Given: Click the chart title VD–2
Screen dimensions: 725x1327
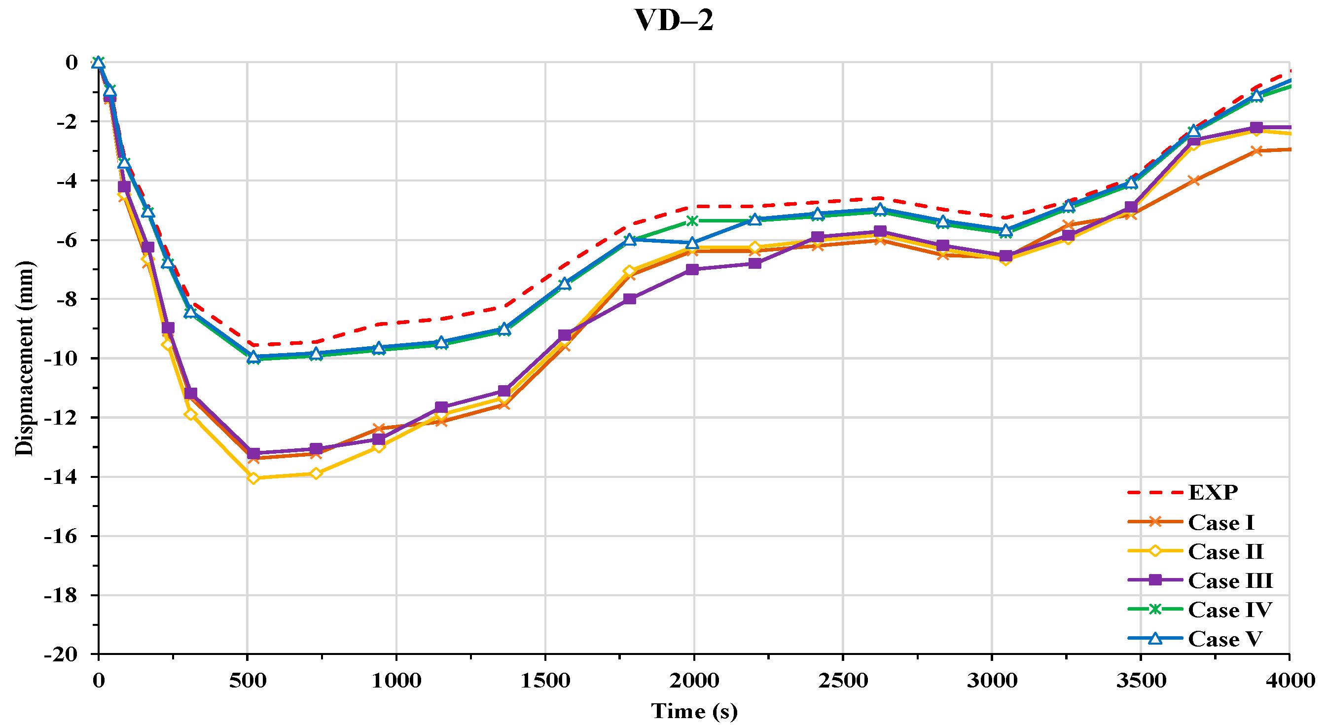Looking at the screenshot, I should click(x=673, y=21).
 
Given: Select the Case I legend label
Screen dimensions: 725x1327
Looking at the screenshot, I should click(x=1220, y=522).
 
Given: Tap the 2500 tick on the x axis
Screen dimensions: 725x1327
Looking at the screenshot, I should click(x=843, y=681).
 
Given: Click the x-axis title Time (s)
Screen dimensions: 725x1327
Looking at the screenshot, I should click(x=694, y=712).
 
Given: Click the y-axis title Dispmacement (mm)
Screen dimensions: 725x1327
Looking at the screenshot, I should click(x=24, y=359).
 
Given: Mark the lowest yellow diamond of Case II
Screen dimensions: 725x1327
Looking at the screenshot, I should click(x=253, y=478).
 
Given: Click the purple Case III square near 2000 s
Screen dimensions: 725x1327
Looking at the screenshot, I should click(x=692, y=269).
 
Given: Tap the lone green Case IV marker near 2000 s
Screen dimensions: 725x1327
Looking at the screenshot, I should click(x=692, y=221).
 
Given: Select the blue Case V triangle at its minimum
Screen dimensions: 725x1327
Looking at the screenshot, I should click(x=253, y=357).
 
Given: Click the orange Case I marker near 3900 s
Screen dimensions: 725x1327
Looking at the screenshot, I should click(x=1256, y=151).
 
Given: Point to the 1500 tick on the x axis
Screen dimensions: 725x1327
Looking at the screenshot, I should click(x=545, y=681).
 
